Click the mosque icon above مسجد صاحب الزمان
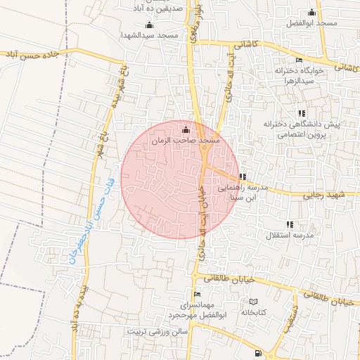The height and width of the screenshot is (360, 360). pyautogui.click(x=186, y=129)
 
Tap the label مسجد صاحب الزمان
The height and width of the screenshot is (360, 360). pyautogui.click(x=186, y=141)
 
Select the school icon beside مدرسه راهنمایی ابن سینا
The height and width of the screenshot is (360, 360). pyautogui.click(x=243, y=176)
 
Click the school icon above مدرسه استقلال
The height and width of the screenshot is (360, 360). pyautogui.click(x=290, y=224)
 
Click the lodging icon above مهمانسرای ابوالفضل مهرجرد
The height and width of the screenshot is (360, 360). pyautogui.click(x=197, y=294)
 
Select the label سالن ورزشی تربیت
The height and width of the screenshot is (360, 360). pyautogui.click(x=158, y=330)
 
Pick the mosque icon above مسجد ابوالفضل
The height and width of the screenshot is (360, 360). pyautogui.click(x=312, y=12)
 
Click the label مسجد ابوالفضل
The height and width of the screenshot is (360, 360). pyautogui.click(x=311, y=23)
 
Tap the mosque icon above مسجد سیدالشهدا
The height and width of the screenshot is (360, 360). pyautogui.click(x=148, y=25)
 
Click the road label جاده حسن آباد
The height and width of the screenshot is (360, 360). pyautogui.click(x=35, y=54)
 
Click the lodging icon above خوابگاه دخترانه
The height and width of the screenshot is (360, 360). pyautogui.click(x=299, y=60)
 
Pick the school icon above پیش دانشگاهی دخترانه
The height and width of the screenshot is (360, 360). pyautogui.click(x=302, y=112)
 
